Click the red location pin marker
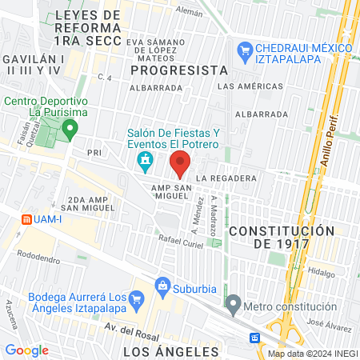(x=180, y=165)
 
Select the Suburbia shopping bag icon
(x=163, y=285)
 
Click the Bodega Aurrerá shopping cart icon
(x=136, y=301)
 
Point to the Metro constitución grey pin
(x=233, y=304)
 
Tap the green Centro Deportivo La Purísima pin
(x=70, y=128)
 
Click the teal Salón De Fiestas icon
(x=144, y=163)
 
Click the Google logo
(x=26, y=350)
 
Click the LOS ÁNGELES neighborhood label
(x=171, y=351)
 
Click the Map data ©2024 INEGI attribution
(x=312, y=354)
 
